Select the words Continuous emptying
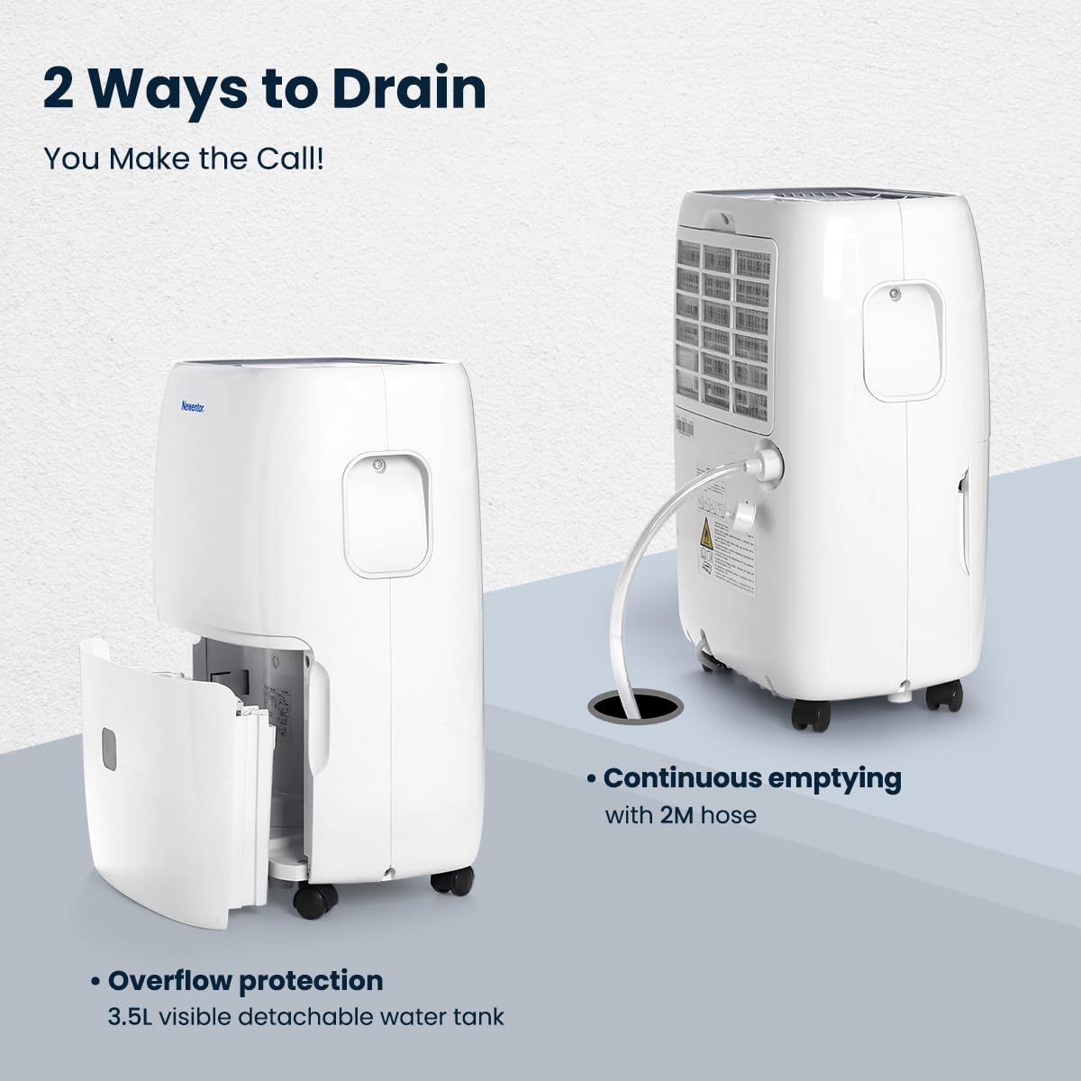[751, 779]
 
